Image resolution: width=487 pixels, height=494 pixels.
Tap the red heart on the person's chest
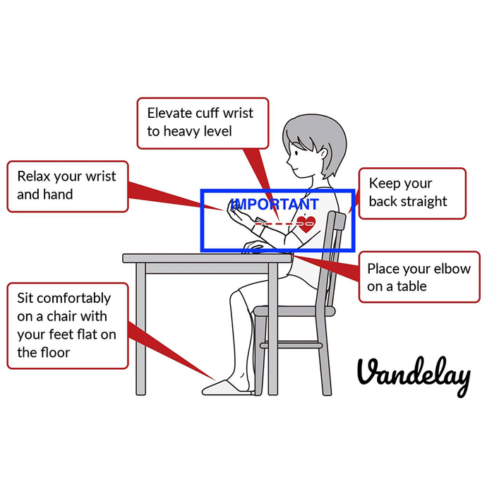point(306,224)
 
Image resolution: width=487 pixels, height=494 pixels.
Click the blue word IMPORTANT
point(275,204)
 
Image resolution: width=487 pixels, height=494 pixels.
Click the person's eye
point(296,153)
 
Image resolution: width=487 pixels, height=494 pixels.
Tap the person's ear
point(323,154)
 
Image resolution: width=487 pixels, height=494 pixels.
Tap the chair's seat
point(294,311)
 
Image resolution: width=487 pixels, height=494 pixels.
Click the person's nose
point(288,162)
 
